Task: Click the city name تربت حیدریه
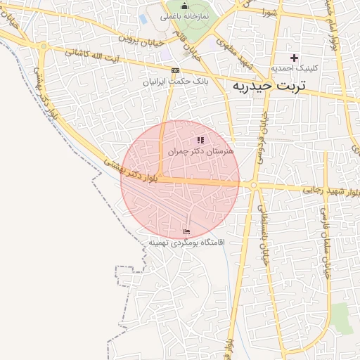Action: pos(271,86)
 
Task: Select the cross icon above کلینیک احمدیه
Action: pos(294,57)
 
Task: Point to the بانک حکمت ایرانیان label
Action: pos(176,82)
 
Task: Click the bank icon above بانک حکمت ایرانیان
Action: pos(175,70)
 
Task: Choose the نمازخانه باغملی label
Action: pos(184,15)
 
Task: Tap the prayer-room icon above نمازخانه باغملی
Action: pos(184,6)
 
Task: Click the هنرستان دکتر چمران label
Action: pos(201,151)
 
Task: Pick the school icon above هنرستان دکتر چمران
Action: pos(200,141)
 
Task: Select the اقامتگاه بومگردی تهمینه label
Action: pos(186,242)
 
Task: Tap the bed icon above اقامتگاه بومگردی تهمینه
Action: pos(186,231)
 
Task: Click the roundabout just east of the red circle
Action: pos(252,186)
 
